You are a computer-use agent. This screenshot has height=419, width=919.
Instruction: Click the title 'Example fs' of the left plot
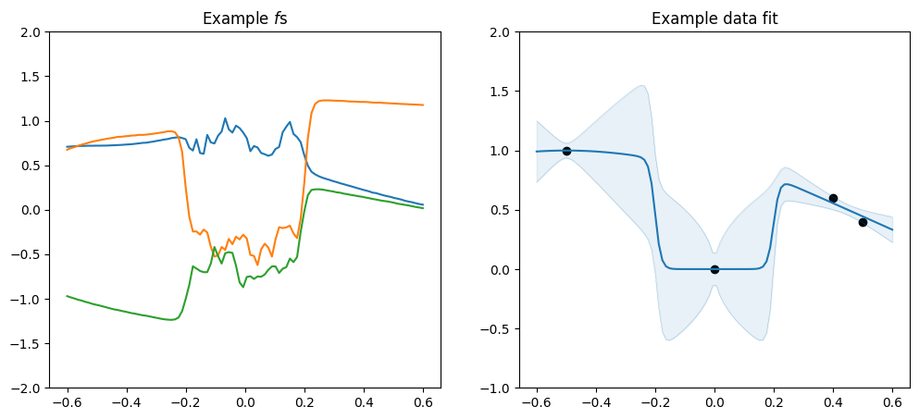coord(244,18)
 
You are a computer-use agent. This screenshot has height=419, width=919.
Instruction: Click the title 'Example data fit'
coord(714,18)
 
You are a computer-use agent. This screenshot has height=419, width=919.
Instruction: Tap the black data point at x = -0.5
coord(566,151)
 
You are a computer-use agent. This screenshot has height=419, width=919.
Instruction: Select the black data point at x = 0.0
coord(714,269)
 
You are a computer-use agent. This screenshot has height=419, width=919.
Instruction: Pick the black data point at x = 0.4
coord(833,198)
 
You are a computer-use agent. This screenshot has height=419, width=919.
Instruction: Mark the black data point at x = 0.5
coord(863,222)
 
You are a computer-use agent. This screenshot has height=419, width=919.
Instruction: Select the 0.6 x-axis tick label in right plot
coord(892,403)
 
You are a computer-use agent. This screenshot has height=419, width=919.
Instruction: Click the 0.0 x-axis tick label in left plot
coord(244,403)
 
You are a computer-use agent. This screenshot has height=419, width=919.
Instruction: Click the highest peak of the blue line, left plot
coord(225,118)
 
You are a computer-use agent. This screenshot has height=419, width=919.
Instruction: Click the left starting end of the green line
coord(67,296)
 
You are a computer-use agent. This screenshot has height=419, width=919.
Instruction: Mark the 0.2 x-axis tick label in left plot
coord(304,403)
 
